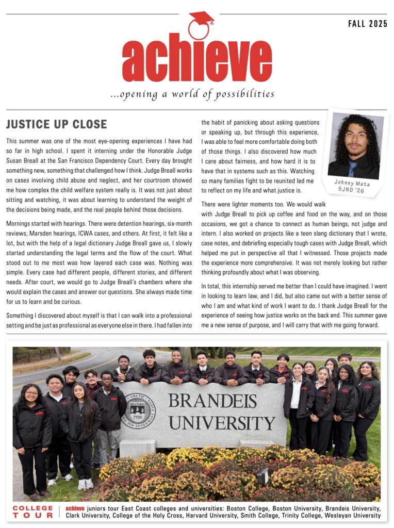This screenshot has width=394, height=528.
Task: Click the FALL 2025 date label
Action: click(367, 24)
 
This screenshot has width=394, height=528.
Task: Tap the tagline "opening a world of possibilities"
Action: click(192, 94)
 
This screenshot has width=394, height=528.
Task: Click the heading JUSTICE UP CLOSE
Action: click(57, 124)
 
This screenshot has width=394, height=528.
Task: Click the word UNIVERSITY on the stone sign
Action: click(222, 423)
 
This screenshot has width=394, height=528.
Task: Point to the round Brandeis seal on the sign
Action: click(138, 411)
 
